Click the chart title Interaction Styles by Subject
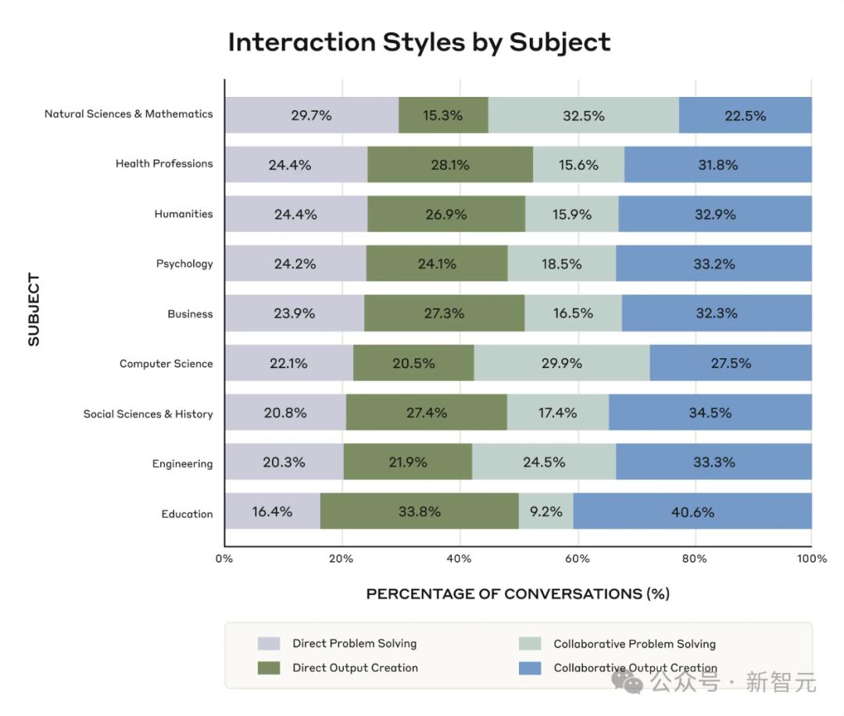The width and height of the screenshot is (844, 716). pos(419,42)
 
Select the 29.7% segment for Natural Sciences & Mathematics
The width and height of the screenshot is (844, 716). pos(311,116)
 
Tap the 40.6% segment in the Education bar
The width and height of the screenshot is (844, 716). pos(692,512)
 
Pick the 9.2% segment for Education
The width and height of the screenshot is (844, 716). pos(545,512)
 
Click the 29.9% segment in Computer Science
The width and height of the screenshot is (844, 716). pos(561,363)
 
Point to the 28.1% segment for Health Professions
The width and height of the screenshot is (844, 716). pos(450,165)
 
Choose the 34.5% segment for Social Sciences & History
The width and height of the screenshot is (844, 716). pos(710,412)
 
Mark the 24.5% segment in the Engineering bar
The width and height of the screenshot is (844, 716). pos(543,462)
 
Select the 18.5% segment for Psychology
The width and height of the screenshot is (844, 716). pos(561,263)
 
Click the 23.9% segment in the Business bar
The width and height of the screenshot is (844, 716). pos(295,313)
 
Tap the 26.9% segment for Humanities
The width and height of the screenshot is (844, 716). pos(445,214)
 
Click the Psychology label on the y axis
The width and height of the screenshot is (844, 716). pos(184,264)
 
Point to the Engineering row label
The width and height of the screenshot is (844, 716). pos(182,464)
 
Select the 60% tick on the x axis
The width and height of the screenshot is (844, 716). pos(577,559)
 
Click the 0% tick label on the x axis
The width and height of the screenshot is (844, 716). pos(224,559)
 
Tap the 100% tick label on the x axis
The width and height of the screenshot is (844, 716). pos(812,559)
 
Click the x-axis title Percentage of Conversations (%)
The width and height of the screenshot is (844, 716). pos(517,594)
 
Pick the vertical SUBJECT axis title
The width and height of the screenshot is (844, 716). pos(34,309)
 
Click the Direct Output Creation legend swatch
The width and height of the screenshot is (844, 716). pos(269,668)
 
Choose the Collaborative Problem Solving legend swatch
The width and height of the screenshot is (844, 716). pos(530,644)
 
